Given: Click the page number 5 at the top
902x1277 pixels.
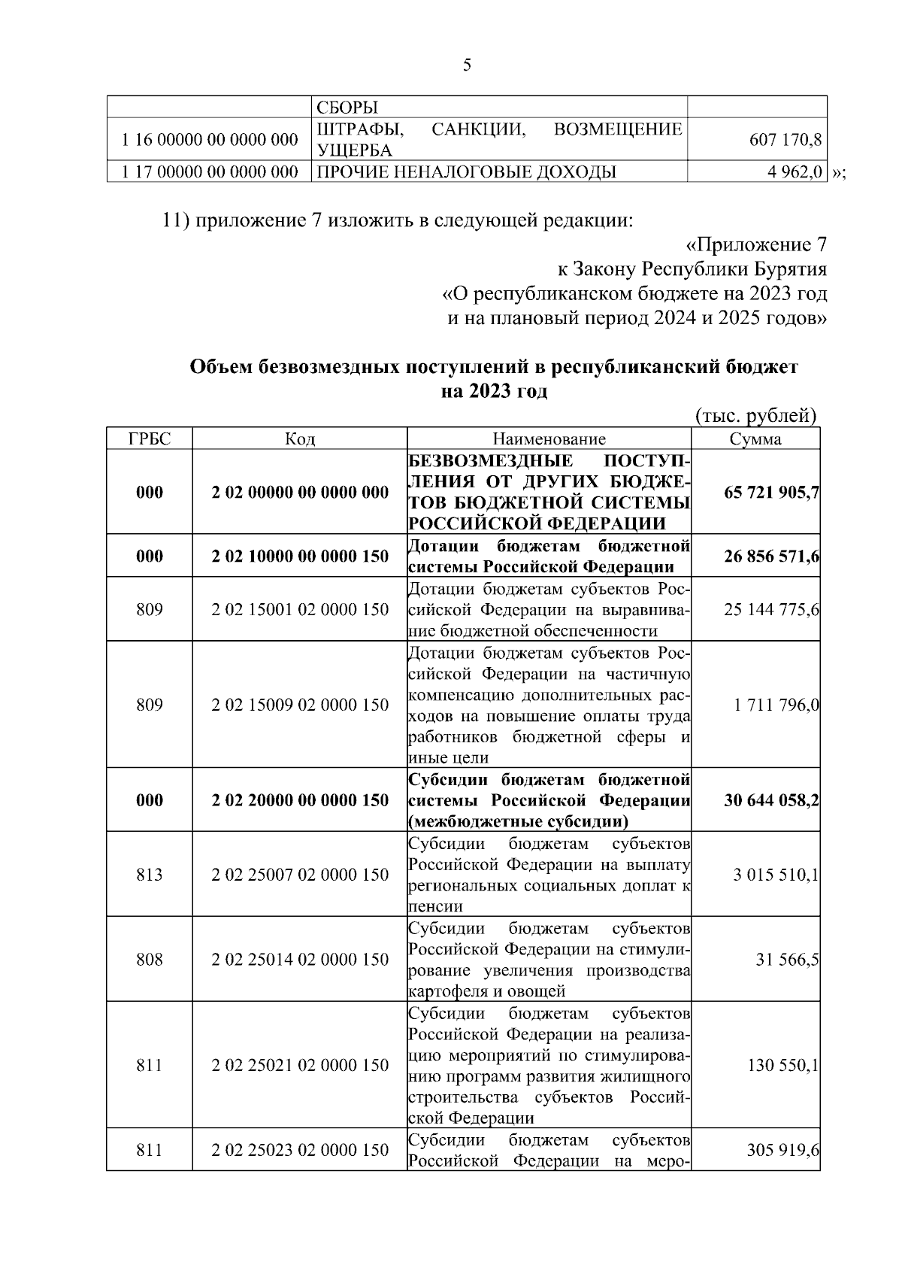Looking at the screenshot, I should click(x=467, y=65).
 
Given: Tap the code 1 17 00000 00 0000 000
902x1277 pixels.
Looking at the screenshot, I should click(x=210, y=173).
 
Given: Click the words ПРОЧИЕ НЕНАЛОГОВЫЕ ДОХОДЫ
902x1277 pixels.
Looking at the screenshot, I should click(x=466, y=173).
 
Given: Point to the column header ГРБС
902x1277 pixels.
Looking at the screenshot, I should click(x=150, y=439).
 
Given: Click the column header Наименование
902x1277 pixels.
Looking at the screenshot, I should click(x=549, y=439).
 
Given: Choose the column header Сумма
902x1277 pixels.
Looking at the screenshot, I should click(x=755, y=439).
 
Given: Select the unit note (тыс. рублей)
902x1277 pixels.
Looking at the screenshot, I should click(x=756, y=416).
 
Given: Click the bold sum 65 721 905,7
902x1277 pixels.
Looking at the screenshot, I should click(x=771, y=493).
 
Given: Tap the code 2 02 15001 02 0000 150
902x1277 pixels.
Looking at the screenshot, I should click(x=300, y=609).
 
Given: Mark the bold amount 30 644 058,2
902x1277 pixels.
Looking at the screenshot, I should click(x=771, y=799).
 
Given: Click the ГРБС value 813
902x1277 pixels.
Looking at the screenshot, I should click(x=150, y=875).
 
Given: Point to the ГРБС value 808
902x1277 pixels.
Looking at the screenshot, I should click(x=150, y=960).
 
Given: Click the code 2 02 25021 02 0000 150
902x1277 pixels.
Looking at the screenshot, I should click(x=300, y=1065).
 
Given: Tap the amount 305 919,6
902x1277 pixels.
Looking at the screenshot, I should click(x=782, y=1150).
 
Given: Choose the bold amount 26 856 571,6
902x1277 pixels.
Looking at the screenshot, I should click(x=771, y=557).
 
